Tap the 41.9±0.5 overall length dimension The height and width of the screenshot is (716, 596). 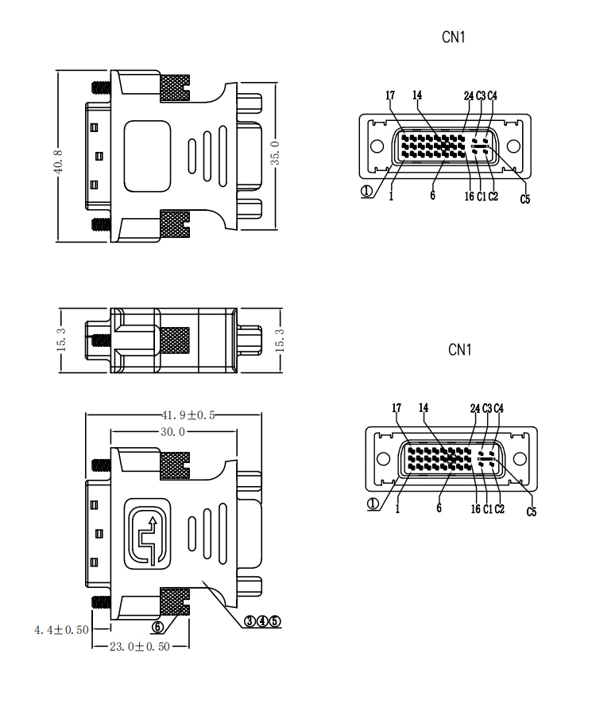coord(189,414)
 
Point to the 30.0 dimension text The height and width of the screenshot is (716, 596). coord(172,432)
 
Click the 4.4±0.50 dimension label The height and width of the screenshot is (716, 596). coord(61,629)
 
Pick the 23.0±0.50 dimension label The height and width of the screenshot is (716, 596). coord(140,647)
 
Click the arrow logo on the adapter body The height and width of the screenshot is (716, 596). coord(148,534)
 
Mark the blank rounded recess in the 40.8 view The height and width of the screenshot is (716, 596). coord(148,156)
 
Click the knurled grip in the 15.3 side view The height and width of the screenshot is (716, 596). coord(175,340)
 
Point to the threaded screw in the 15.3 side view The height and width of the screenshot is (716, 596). coord(99,340)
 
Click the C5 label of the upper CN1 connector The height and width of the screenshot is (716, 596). coord(525,199)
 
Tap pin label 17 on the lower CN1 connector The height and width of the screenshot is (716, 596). coord(397,408)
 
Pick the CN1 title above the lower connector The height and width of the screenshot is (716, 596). coord(460,349)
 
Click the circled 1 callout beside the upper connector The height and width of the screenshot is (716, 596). coord(366,191)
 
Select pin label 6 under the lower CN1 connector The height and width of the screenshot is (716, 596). coord(439,508)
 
